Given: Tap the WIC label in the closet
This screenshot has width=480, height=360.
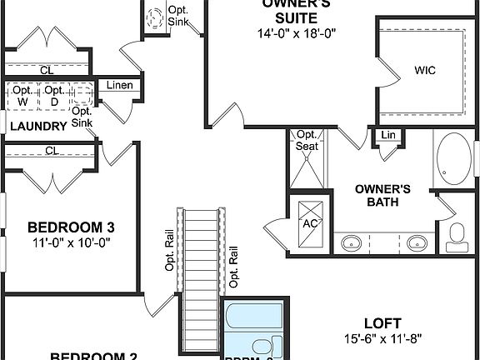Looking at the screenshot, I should pos(425,71).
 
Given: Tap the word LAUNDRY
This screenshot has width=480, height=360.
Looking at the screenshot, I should pos(37,126).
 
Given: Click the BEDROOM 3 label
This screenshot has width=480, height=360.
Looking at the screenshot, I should pos(70,227).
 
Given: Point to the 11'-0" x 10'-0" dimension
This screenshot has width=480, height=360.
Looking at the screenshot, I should pos(70,243).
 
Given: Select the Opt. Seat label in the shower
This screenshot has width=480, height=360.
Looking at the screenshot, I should pos(307,140).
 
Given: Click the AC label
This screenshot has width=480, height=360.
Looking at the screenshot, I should pos(310,223).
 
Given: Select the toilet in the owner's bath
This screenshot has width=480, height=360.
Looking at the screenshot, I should pos(457,236).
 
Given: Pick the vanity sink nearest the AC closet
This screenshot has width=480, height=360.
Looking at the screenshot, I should pos(351,243).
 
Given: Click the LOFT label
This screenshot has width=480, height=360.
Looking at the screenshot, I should pos(383,322).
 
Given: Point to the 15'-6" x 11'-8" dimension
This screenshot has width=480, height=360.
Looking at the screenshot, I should pos(382,340).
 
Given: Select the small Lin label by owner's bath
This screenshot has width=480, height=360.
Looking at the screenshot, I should pos(387,135).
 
